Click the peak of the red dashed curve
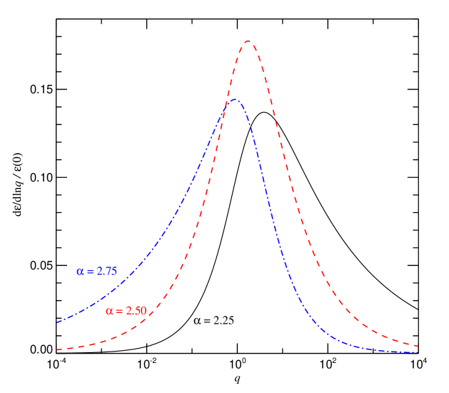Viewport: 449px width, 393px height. point(248,41)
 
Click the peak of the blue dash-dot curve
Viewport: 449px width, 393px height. point(234,99)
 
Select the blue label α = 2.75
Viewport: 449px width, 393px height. point(97,272)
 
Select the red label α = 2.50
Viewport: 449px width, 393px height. point(126,311)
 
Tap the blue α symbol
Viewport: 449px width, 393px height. point(80,272)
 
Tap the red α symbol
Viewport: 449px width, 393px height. point(109,311)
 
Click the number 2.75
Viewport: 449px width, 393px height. point(107,272)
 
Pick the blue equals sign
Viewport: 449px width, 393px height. point(89,272)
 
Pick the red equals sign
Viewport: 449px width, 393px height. point(118,311)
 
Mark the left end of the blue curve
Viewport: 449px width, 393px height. point(57,322)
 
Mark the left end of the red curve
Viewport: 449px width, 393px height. point(57,349)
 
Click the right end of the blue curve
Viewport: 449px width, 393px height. point(418,352)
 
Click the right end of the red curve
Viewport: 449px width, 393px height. point(418,346)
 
